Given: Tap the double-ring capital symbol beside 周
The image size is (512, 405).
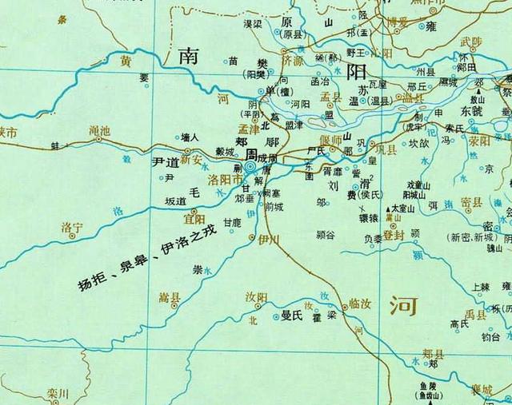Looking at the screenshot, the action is [250, 167].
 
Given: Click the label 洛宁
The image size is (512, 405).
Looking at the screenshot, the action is [73, 228].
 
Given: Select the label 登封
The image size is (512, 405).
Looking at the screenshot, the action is [393, 235].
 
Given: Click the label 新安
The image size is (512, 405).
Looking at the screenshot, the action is [191, 160].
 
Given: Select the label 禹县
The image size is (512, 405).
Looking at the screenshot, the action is [477, 314].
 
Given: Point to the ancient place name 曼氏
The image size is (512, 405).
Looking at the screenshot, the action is [291, 316].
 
